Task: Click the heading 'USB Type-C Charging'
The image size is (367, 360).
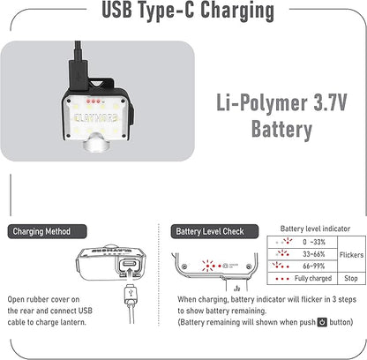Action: pos(183,12)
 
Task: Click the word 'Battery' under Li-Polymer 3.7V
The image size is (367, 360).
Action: pos(273,130)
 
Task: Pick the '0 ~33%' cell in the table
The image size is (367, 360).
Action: pos(310,242)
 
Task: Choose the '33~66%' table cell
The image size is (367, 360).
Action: pos(310,253)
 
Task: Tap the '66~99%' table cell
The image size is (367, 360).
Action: pos(310,266)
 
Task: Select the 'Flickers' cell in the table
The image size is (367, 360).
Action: pos(350,253)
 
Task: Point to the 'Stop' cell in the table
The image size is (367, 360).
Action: pos(350,278)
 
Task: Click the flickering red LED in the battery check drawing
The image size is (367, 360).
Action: pos(211,266)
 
